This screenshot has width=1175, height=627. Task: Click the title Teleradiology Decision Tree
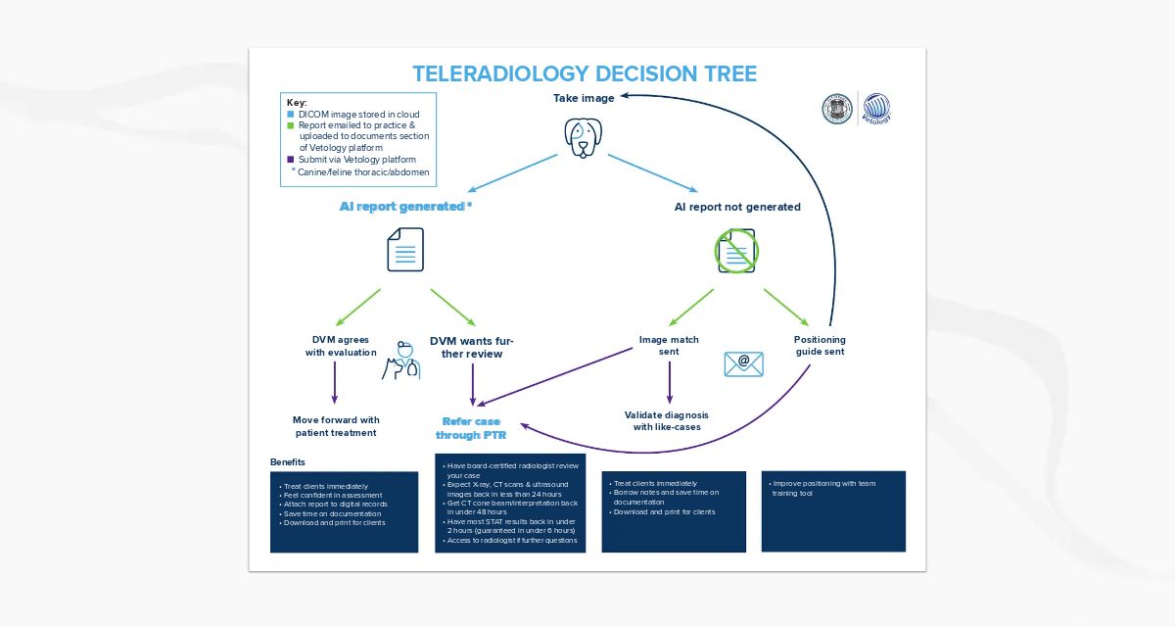point(585,74)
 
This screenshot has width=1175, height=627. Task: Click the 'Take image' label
point(584,98)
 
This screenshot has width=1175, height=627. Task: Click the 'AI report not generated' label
point(737,207)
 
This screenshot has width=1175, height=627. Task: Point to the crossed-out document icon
point(736,251)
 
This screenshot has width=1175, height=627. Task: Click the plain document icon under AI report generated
point(405,250)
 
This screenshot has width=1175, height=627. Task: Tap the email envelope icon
point(743,363)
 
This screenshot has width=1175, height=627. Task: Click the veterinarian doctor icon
point(401,361)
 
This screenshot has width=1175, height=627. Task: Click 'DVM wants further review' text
point(471,347)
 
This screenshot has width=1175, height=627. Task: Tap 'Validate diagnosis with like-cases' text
point(666,420)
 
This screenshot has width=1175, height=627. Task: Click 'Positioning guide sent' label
point(819,346)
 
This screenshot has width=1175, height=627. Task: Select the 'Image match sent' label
point(669,346)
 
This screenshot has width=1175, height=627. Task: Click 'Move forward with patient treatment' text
point(336,426)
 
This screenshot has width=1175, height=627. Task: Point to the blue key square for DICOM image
point(290,115)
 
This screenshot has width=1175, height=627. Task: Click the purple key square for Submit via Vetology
point(290,159)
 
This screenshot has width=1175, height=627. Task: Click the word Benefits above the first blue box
point(288,461)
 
